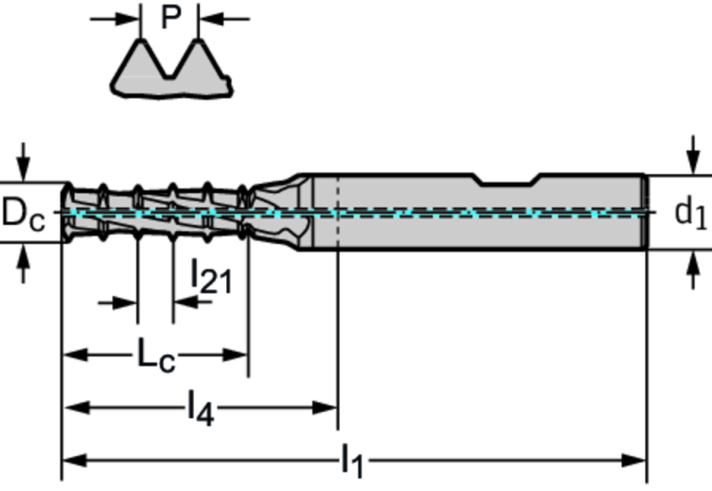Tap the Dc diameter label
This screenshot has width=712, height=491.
coord(23,213)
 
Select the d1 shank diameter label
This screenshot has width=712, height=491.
coord(690,213)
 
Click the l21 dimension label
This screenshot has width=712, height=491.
coord(211,277)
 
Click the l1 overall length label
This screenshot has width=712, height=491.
coord(354,461)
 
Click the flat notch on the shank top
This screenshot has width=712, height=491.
coord(507,181)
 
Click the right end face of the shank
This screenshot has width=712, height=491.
coord(643,213)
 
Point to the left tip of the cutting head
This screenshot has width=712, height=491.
coord(64,212)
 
